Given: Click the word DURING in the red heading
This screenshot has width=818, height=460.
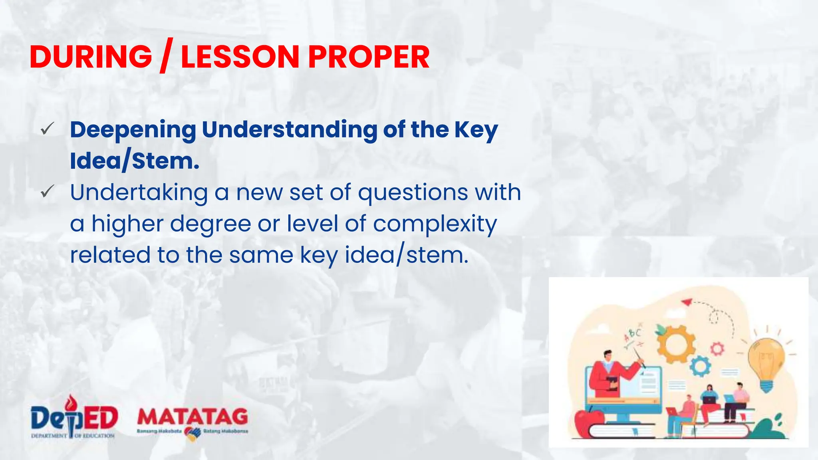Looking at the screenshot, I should tap(91, 57).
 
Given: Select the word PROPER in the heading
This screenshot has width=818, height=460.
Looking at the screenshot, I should tap(369, 57).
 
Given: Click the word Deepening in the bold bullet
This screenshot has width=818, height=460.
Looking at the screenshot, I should tap(133, 130).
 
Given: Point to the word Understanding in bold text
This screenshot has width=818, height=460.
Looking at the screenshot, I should tap(289, 130).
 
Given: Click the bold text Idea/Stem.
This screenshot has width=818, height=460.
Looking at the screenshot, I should tap(135, 161).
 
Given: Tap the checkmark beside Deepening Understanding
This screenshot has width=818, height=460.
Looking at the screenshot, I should tap(47, 129).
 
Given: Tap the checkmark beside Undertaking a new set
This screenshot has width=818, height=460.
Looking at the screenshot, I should tap(47, 192).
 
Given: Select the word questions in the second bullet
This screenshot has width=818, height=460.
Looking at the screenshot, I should tap(413, 193).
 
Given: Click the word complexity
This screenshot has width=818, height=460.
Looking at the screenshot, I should tap(435, 224).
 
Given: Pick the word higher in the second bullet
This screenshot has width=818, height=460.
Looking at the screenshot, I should tap(127, 224).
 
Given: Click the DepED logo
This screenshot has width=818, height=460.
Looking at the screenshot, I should tap(74, 417).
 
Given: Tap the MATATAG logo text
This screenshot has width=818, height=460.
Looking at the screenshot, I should tap(193, 417).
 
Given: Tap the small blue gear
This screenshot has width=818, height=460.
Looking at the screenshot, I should tap(700, 367).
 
